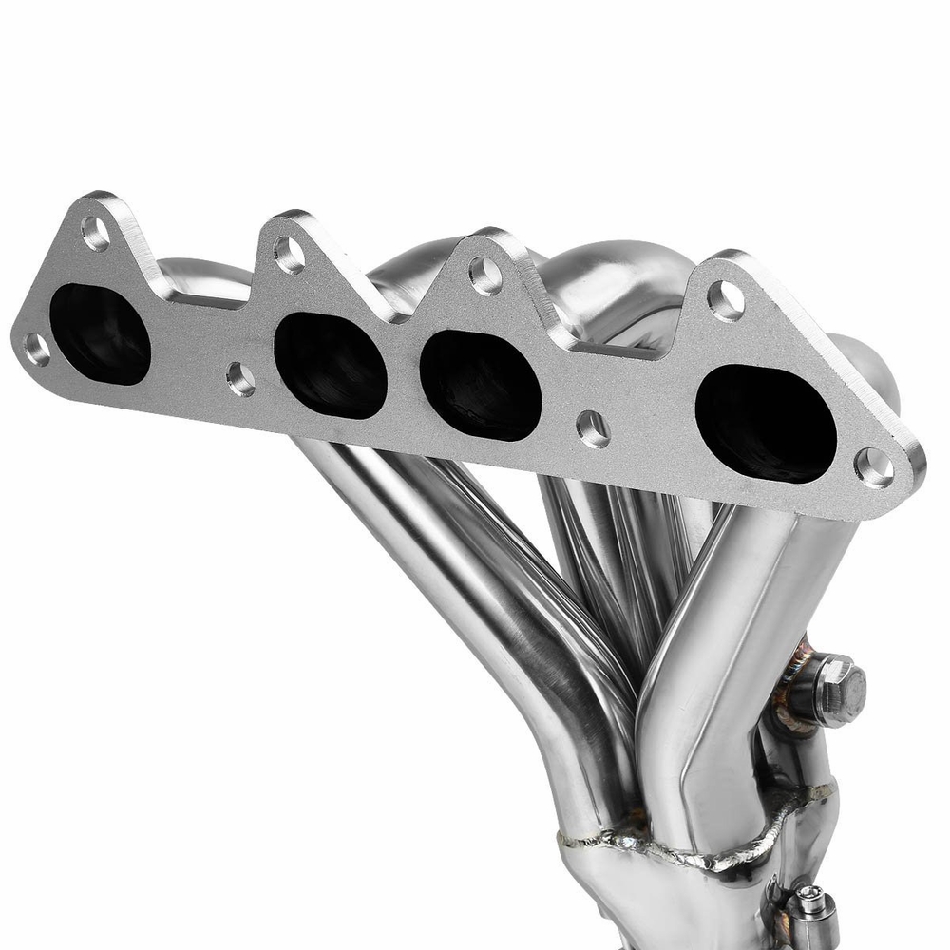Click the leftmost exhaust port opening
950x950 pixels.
click(100, 333)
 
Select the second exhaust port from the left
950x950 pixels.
click(330, 365)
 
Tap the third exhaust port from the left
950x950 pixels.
click(480, 386)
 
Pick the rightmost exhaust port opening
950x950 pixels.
click(766, 423)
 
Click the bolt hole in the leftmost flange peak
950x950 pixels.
click(95, 232)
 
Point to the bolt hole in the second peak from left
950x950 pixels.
click(289, 254)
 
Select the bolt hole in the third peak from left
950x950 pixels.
click(485, 275)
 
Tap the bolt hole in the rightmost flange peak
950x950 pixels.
click(726, 300)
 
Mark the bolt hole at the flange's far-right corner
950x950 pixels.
click(874, 466)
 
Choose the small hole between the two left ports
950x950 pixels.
click(240, 379)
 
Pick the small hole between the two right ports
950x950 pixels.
click(594, 428)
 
